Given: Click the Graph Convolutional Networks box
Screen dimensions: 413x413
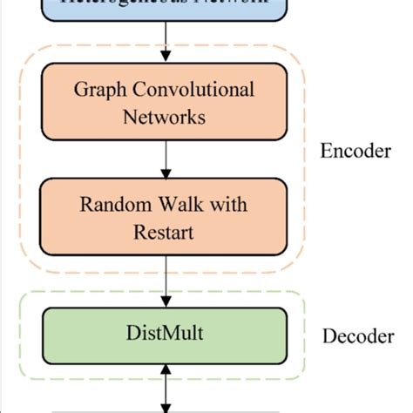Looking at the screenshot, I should pyautogui.click(x=165, y=103).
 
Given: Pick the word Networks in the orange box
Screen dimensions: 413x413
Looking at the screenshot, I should pyautogui.click(x=165, y=116).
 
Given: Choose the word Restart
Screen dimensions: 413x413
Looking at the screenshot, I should pyautogui.click(x=165, y=233).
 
